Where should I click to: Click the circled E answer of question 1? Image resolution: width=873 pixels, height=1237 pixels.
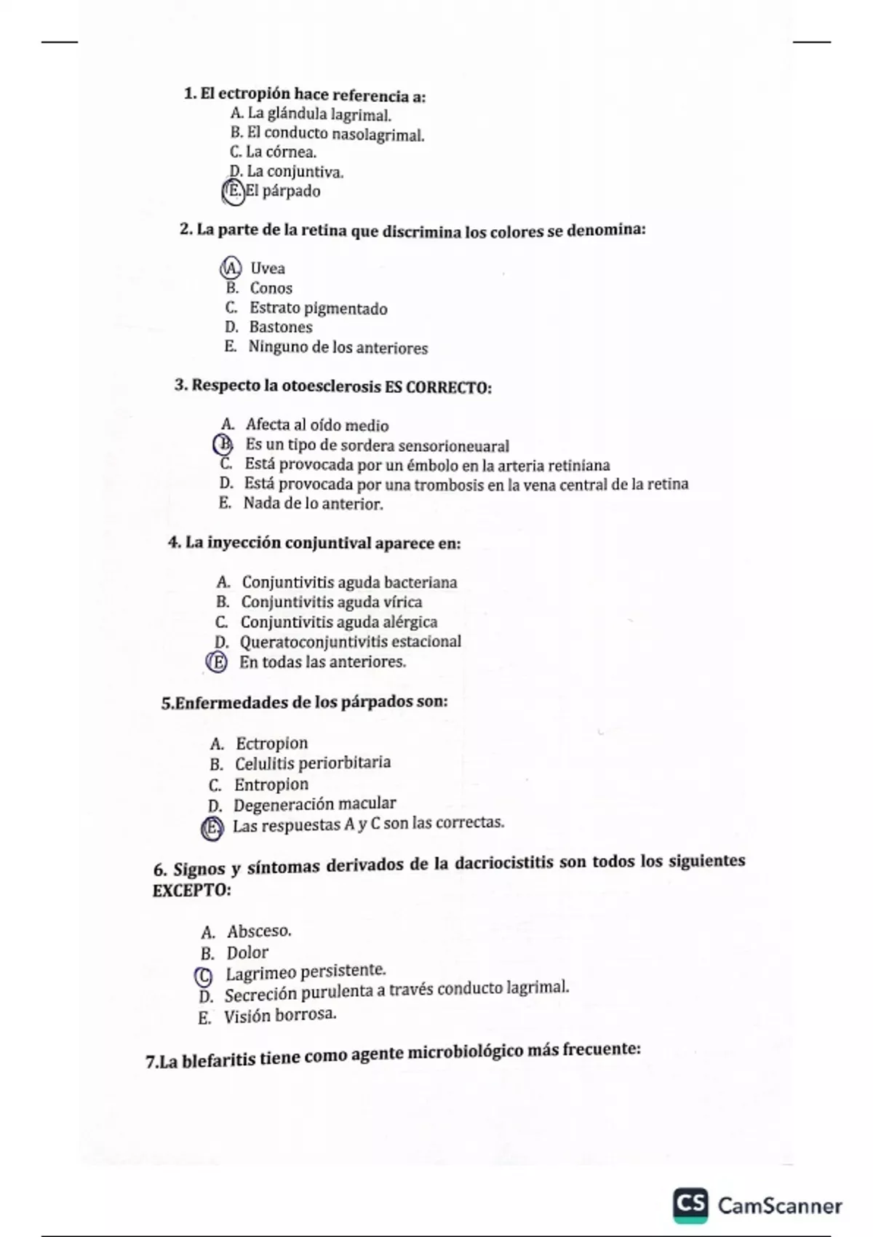(233, 191)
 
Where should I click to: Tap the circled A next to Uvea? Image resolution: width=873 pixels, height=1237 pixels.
(230, 268)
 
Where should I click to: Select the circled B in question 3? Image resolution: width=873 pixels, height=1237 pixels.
(223, 444)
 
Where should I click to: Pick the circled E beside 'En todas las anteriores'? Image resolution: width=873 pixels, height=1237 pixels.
(217, 662)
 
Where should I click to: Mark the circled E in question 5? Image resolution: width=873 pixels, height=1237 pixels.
(212, 828)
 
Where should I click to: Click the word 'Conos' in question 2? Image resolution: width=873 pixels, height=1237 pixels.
(271, 288)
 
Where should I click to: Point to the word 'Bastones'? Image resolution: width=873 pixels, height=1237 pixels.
(281, 327)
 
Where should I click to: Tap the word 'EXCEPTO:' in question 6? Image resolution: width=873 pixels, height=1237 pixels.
(191, 891)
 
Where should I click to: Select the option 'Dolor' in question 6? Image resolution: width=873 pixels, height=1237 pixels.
(247, 952)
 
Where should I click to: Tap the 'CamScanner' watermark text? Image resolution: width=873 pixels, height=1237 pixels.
(780, 1206)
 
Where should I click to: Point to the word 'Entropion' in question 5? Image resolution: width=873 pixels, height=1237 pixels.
(271, 784)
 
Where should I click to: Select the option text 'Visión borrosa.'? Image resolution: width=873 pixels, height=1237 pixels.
(280, 1015)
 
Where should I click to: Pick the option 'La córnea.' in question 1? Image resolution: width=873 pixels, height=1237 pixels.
(281, 152)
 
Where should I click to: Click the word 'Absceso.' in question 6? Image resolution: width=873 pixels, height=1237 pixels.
(259, 931)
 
